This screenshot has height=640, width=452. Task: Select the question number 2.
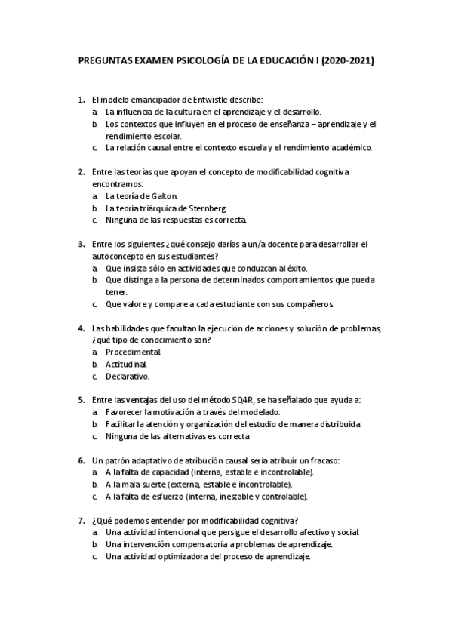[81, 171]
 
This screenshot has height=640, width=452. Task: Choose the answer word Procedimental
[134, 352]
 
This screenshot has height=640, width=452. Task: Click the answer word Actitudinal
[127, 365]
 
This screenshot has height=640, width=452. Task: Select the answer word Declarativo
[128, 377]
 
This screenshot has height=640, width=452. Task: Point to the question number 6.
[81, 460]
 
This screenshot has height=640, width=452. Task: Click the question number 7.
[81, 520]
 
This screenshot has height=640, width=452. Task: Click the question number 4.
[81, 328]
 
